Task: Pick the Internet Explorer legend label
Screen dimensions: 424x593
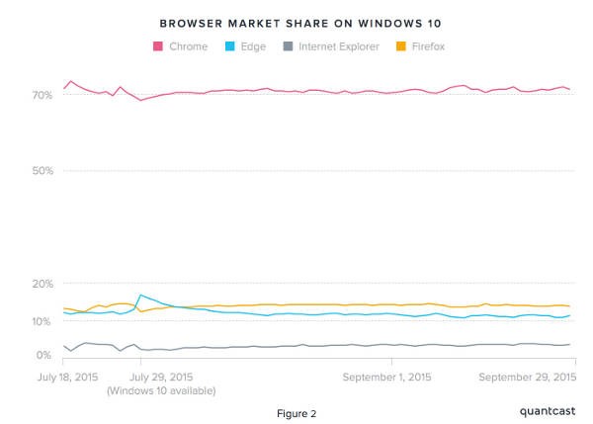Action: pos(338,45)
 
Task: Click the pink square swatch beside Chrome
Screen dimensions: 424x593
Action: pos(157,45)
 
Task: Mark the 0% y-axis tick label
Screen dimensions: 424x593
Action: pos(43,355)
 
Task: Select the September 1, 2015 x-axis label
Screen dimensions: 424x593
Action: pos(386,377)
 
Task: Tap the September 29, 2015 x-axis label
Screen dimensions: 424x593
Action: pos(527,377)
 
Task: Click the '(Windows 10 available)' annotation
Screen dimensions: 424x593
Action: pos(160,391)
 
